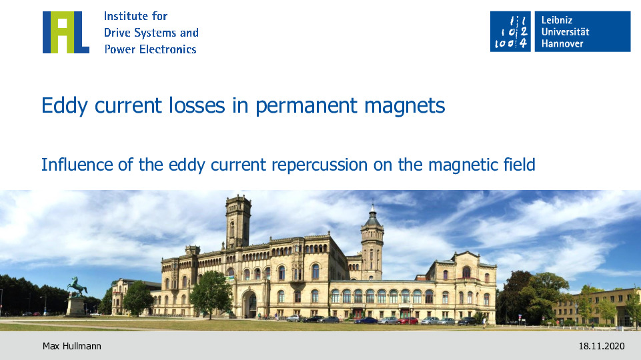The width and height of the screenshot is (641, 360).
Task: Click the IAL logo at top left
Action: pyautogui.click(x=66, y=32)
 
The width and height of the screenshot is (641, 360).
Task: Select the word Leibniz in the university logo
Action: pyautogui.click(x=557, y=20)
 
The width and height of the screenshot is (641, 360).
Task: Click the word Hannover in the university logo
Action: pyautogui.click(x=562, y=43)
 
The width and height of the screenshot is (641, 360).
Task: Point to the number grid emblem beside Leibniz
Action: pyautogui.click(x=510, y=31)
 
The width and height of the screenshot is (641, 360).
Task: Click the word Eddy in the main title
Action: pyautogui.click(x=65, y=106)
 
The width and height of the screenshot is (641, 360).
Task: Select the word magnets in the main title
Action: pyautogui.click(x=404, y=106)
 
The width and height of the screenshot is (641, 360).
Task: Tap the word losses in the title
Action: pyautogui.click(x=197, y=105)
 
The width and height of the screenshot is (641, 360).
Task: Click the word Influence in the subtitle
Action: pyautogui.click(x=77, y=165)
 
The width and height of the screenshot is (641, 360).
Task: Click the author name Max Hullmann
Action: pyautogui.click(x=72, y=346)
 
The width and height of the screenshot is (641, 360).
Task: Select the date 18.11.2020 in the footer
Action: pyautogui.click(x=602, y=346)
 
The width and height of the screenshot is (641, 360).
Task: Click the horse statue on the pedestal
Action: pyautogui.click(x=77, y=286)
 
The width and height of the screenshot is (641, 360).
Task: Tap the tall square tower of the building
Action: pyautogui.click(x=238, y=221)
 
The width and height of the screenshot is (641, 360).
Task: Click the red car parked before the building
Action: pyautogui.click(x=407, y=321)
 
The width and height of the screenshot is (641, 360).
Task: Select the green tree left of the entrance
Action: pyautogui.click(x=211, y=293)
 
